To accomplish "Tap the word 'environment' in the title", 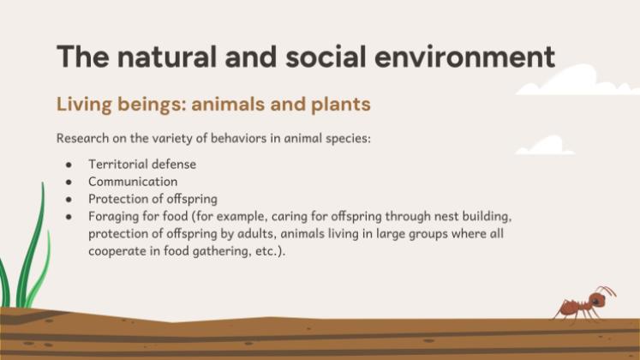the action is (464, 57).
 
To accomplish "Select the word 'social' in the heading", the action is (326, 57).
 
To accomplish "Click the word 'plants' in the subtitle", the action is (341, 105).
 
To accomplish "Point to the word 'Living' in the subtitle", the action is (84, 105).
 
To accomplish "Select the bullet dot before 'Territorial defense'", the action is (69, 165).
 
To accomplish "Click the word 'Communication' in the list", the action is (133, 182).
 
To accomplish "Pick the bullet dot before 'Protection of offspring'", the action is (69, 200).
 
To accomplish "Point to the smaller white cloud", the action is (545, 146).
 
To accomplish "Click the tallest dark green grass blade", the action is (33, 245).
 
